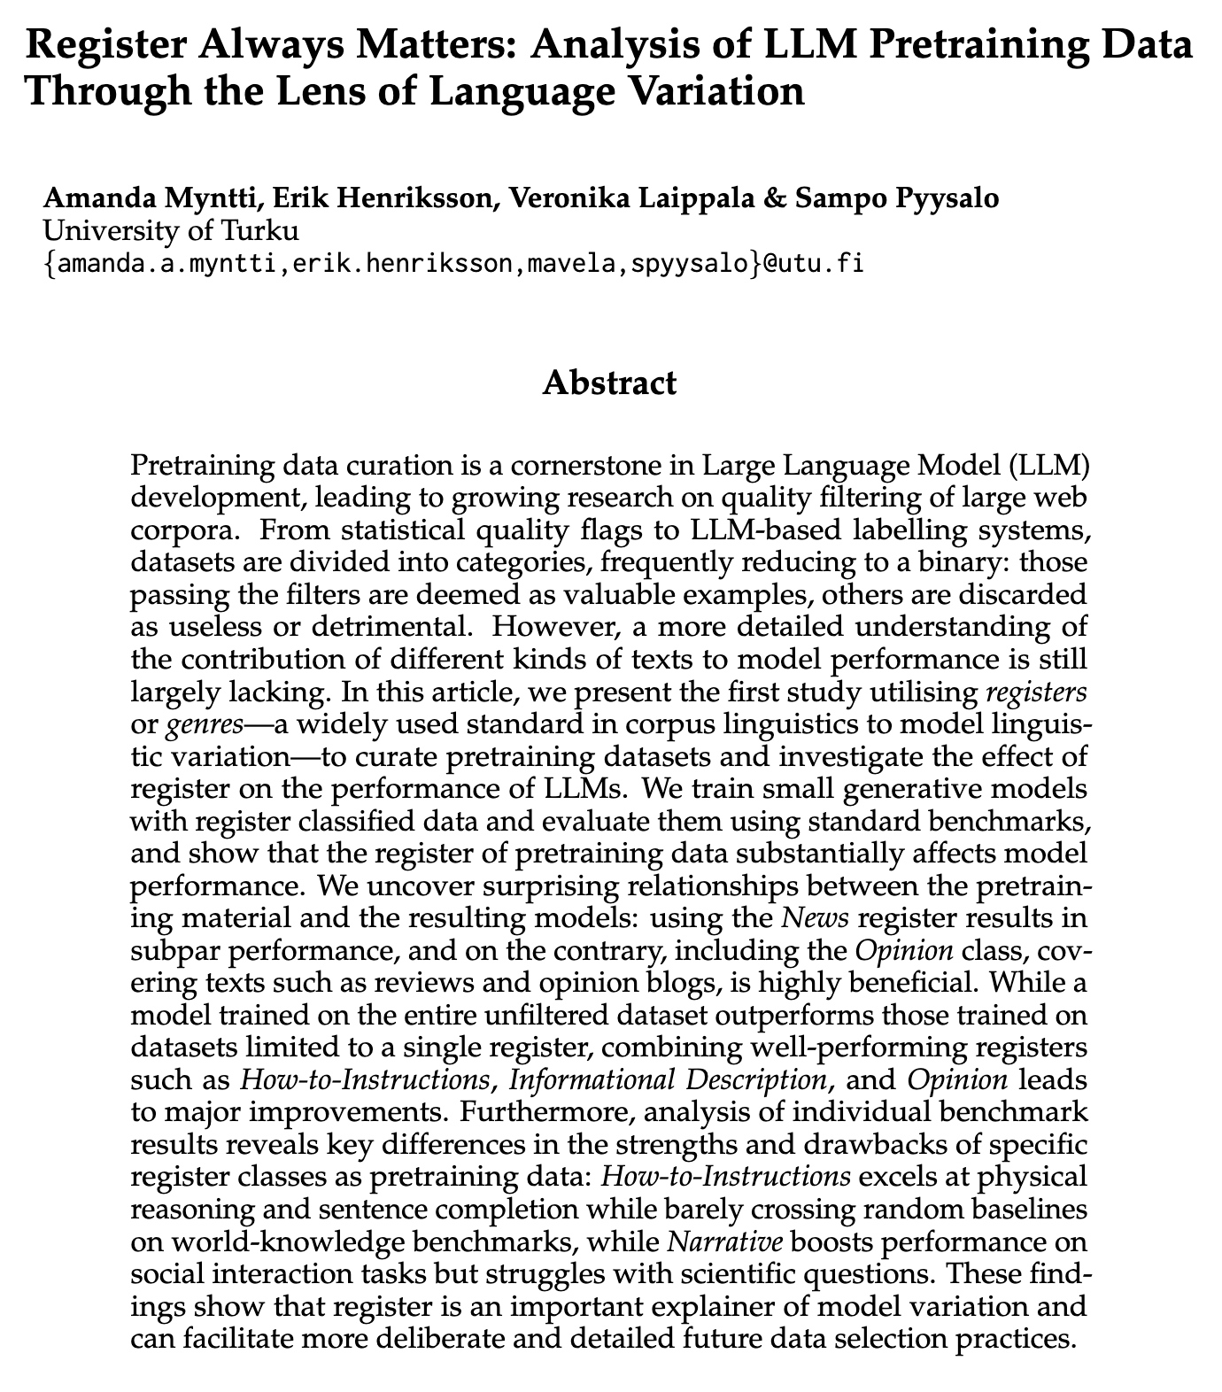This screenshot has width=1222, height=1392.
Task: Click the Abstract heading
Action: pyautogui.click(x=610, y=384)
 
